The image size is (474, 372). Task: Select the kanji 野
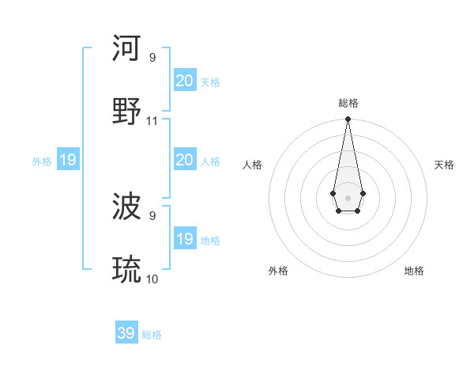pos(127,111)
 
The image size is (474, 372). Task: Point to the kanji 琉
pos(127,270)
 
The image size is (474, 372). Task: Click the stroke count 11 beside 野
pos(152,121)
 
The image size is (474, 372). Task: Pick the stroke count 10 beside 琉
pos(152,279)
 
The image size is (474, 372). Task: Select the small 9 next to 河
pos(152,57)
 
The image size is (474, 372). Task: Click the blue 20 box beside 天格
pos(185,81)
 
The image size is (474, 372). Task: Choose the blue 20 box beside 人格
pos(185,160)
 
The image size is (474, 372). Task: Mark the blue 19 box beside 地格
pos(185,239)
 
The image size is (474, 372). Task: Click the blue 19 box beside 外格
pos(68,160)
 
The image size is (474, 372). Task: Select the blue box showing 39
pos(126,333)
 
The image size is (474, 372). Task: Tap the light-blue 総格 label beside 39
pos(152,335)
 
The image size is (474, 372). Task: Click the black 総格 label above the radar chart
pos(348,103)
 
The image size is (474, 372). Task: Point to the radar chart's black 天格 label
pos(444,165)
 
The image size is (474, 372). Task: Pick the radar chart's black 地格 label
pos(414,271)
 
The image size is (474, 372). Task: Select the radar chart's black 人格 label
pos(252,165)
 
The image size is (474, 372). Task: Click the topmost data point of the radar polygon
pos(348,120)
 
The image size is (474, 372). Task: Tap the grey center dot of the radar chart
pos(348,196)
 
